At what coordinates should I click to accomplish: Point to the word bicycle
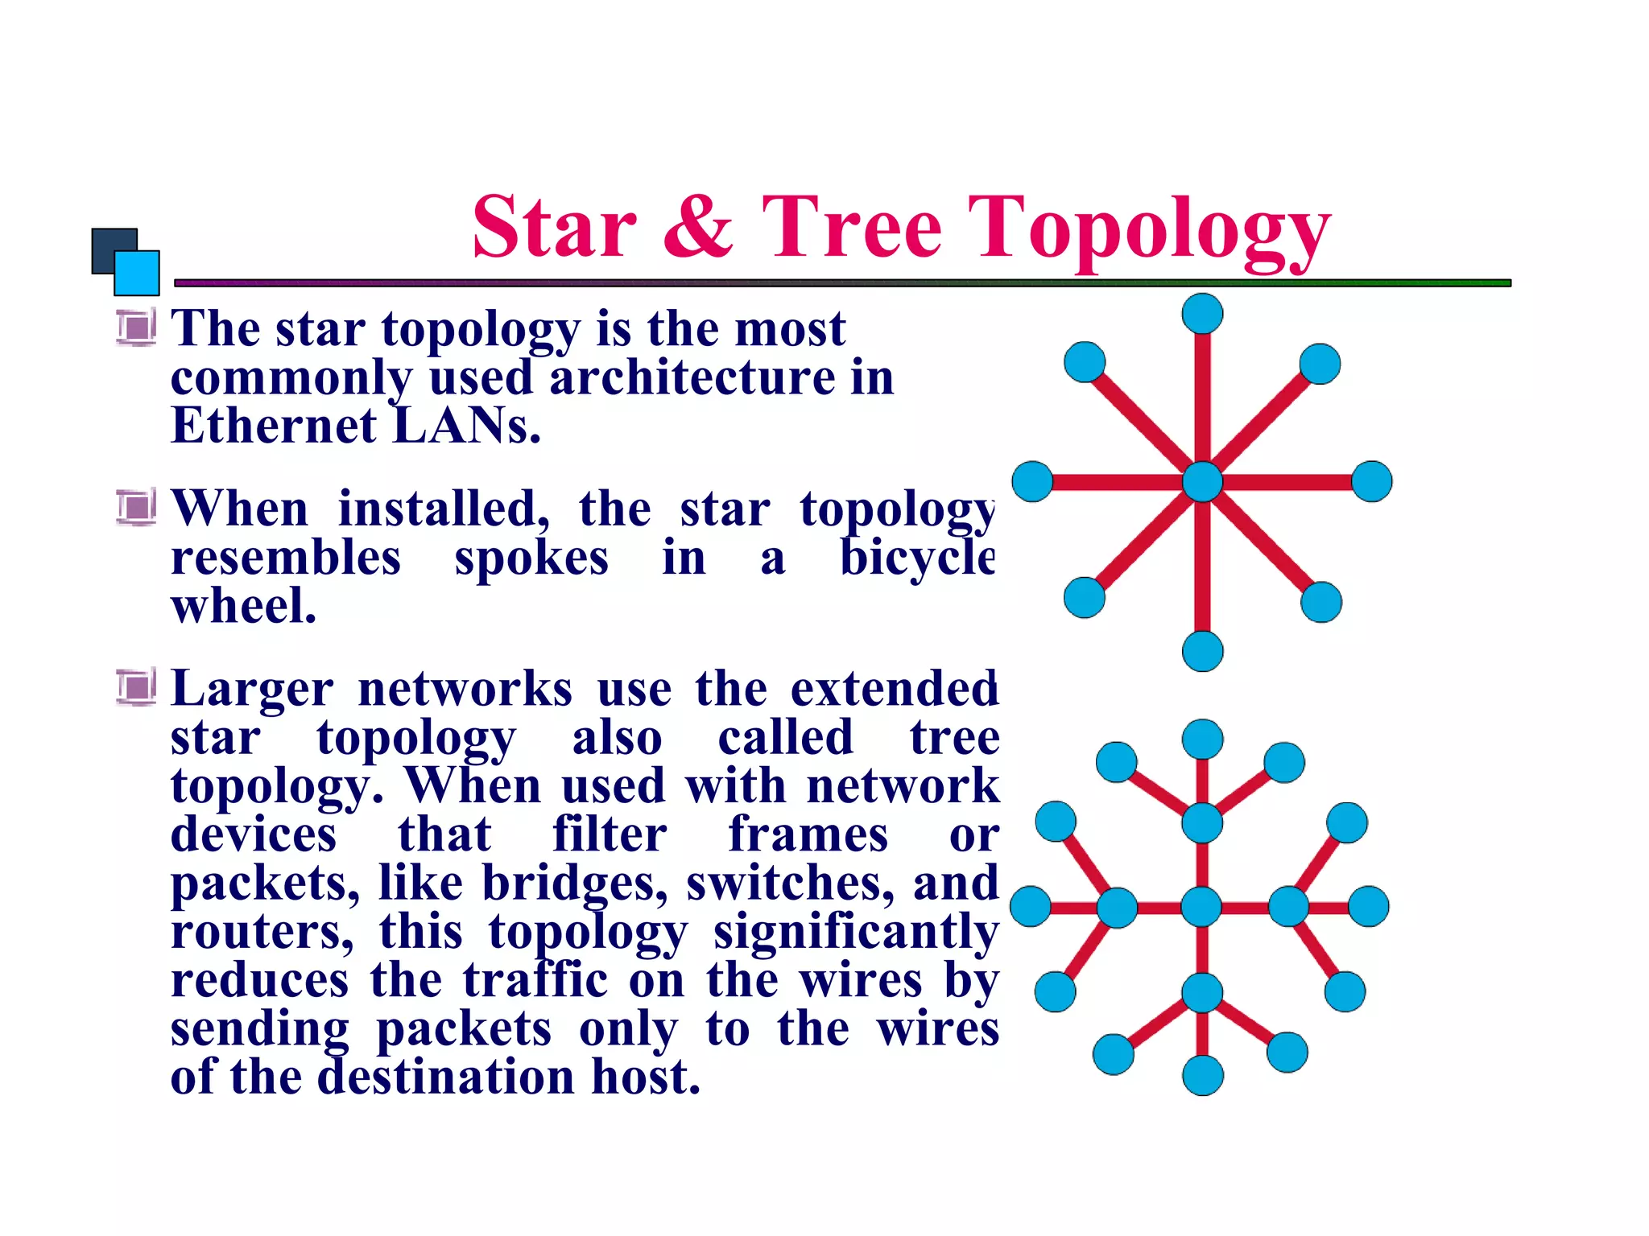pyautogui.click(x=917, y=558)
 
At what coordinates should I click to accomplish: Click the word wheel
pyautogui.click(x=243, y=606)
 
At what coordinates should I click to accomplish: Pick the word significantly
pyautogui.click(x=856, y=933)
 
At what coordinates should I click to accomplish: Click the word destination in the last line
pyautogui.click(x=445, y=1077)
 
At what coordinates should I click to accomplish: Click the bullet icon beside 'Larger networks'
pyautogui.click(x=136, y=686)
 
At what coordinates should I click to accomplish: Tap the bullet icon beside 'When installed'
pyautogui.click(x=136, y=507)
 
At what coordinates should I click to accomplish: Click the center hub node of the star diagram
pyautogui.click(x=1202, y=482)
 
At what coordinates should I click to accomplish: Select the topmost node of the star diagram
pyautogui.click(x=1202, y=313)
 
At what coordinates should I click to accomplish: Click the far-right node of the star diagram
pyautogui.click(x=1371, y=482)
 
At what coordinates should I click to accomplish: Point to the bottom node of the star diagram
pyautogui.click(x=1202, y=651)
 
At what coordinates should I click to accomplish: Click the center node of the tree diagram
pyautogui.click(x=1201, y=907)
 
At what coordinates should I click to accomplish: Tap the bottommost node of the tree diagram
pyautogui.click(x=1203, y=1075)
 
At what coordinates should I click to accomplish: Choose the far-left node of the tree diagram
pyautogui.click(x=1030, y=907)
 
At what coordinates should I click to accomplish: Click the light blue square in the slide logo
pyautogui.click(x=137, y=273)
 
